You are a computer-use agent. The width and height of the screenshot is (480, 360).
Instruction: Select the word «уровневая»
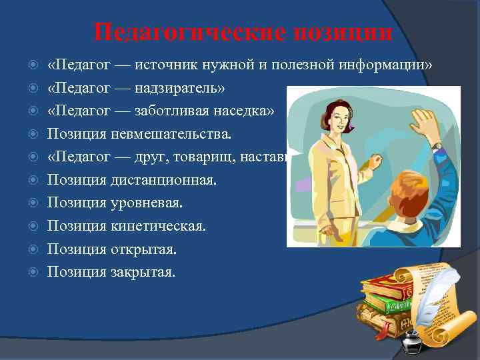pyautogui.click(x=149, y=203)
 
